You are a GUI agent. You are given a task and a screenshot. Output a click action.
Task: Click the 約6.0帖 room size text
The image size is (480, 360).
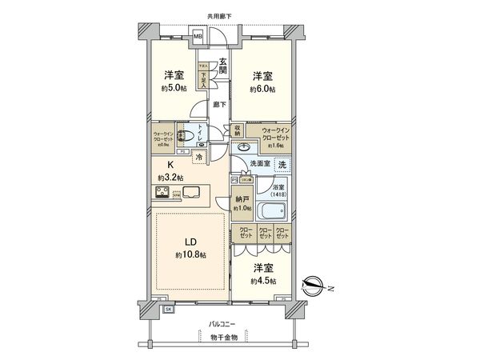tap(262, 89)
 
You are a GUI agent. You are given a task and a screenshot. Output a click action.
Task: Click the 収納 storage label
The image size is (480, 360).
tap(238, 130)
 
